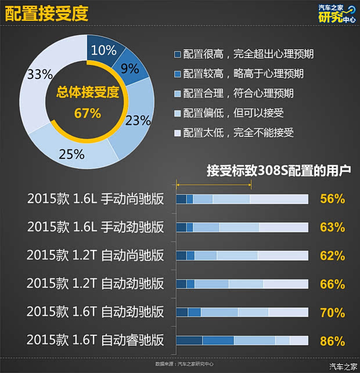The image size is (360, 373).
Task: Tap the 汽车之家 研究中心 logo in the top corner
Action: pos(336,14)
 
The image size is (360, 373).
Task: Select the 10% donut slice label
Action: pos(104,49)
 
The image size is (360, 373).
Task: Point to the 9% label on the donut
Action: pos(129,68)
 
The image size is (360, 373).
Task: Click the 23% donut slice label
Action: pos(138,120)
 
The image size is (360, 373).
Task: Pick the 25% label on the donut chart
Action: pos(72,154)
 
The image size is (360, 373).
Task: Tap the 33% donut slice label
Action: pos(40,74)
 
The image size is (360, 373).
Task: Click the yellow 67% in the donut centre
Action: pos(88,113)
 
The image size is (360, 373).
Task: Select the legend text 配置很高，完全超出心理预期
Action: pos(249,54)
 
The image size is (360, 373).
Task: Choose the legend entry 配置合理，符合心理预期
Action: pos(238,93)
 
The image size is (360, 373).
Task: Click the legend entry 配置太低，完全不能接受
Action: pos(238,133)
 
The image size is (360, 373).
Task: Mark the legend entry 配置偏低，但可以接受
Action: pos(233,113)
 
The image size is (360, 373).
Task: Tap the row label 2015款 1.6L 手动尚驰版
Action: pos(95,199)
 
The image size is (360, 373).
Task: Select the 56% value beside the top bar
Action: pos(332,199)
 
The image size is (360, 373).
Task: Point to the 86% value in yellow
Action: pos(332,341)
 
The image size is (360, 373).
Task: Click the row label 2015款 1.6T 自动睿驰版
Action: pos(95,341)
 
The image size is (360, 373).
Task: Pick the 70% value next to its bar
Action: pos(332,313)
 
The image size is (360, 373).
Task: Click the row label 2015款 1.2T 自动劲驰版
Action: pos(95,284)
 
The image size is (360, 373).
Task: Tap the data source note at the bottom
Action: pos(184,364)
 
